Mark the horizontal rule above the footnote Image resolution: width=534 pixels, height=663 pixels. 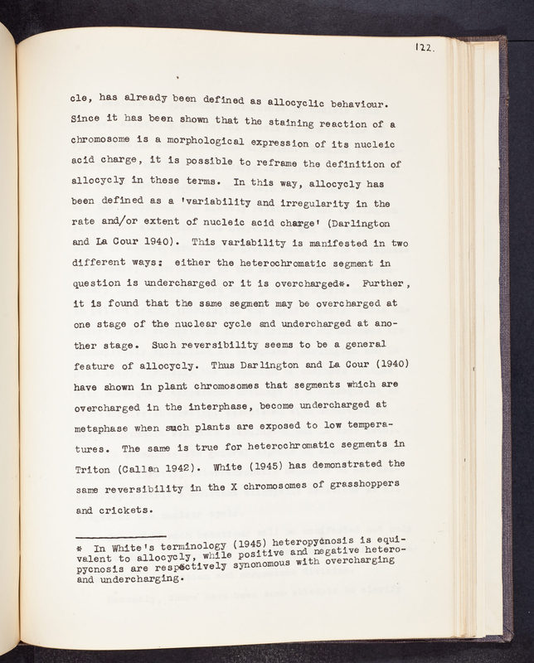pos(120,535)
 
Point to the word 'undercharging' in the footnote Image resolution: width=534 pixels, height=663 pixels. pos(142,580)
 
